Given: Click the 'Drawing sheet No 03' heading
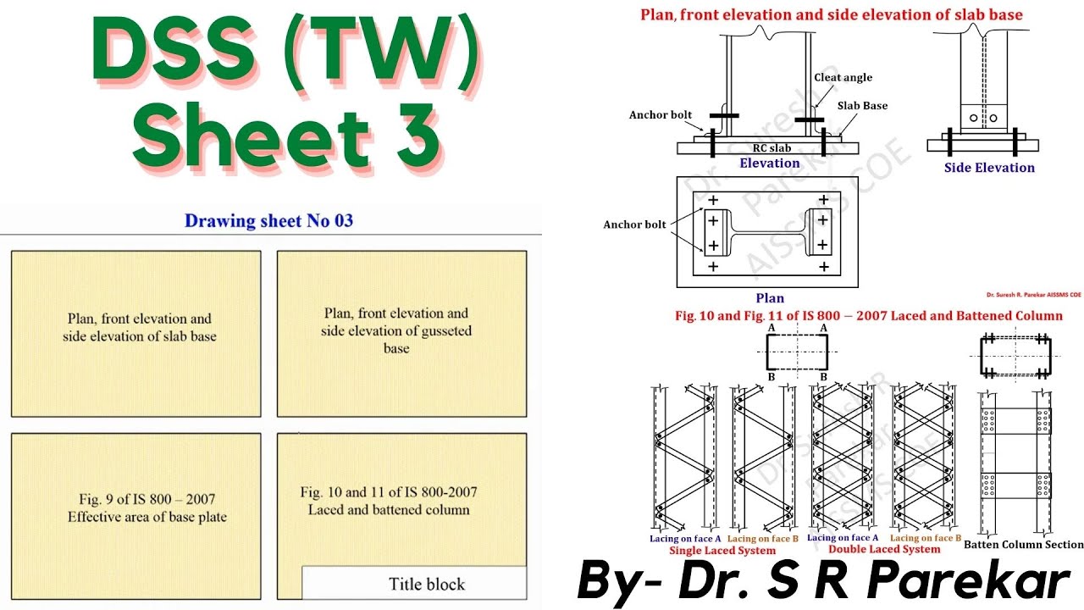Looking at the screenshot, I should pyautogui.click(x=268, y=221).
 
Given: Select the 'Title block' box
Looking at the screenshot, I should pyautogui.click(x=414, y=583).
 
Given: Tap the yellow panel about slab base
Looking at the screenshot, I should pyautogui.click(x=135, y=334).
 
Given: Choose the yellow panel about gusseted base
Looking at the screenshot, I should pyautogui.click(x=401, y=334).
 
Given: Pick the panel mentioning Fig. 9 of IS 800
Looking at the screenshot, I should pyautogui.click(x=135, y=507).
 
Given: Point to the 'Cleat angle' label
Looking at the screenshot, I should pyautogui.click(x=843, y=77).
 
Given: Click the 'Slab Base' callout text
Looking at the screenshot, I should pyautogui.click(x=862, y=106).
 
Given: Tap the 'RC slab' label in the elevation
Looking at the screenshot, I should pyautogui.click(x=772, y=148).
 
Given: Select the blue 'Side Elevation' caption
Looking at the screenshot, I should pyautogui.click(x=989, y=168).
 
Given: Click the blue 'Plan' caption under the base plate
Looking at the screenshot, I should pyautogui.click(x=770, y=298).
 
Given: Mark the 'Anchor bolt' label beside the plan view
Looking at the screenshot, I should pyautogui.click(x=634, y=225).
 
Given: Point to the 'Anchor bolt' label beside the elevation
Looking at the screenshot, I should pyautogui.click(x=660, y=115).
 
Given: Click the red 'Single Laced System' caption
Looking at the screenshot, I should pyautogui.click(x=722, y=550).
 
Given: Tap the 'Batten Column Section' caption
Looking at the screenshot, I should pyautogui.click(x=1023, y=545).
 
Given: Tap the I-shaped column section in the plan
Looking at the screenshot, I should pyautogui.click(x=770, y=233).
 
